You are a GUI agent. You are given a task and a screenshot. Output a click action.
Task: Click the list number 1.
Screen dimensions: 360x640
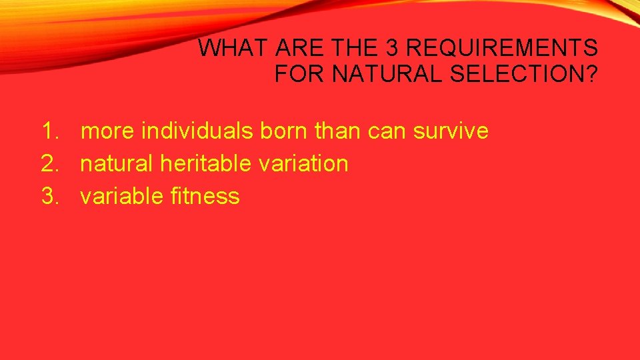coord(51,131)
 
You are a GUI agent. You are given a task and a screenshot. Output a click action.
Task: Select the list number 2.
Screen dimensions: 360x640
coord(51,163)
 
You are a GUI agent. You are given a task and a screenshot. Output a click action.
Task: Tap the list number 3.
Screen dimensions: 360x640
coord(51,196)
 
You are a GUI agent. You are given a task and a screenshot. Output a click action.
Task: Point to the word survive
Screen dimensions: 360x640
coord(451,131)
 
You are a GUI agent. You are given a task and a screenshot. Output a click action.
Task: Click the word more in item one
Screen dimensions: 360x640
coord(107,131)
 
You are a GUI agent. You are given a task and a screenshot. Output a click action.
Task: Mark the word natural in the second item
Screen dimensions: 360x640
coord(117,163)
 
